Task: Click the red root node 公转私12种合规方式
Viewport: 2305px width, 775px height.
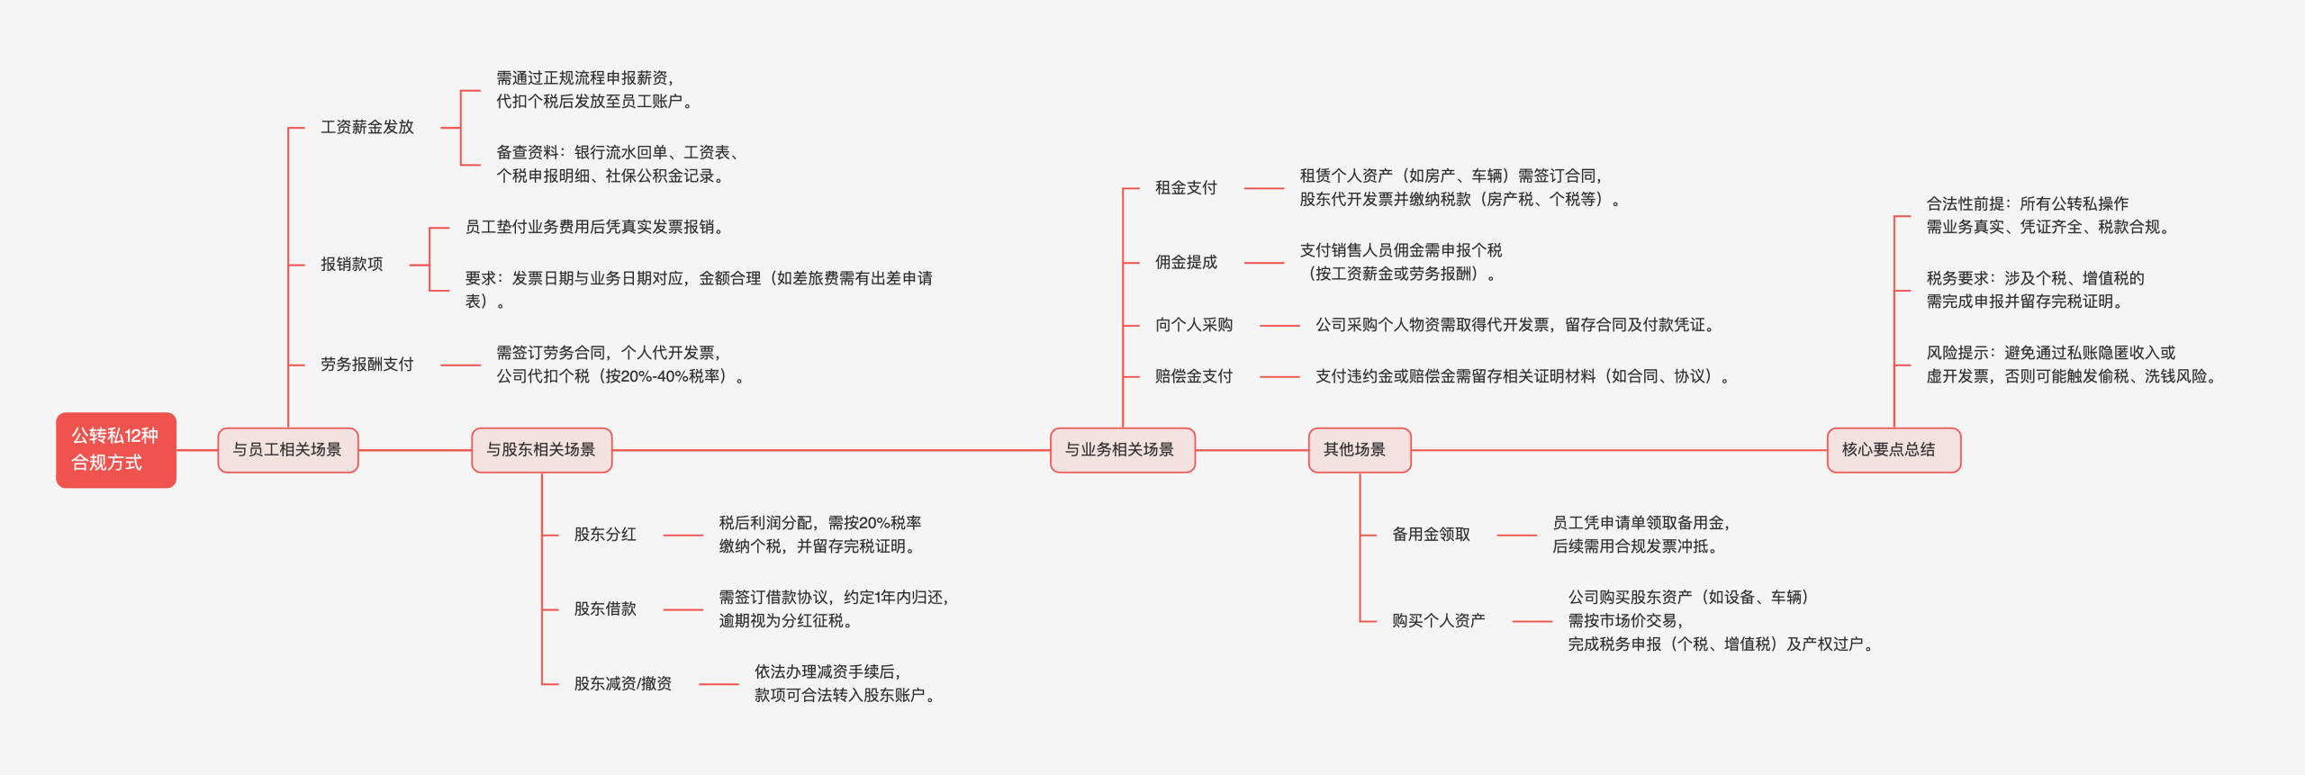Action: (115, 449)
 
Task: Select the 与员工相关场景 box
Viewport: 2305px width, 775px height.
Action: (287, 449)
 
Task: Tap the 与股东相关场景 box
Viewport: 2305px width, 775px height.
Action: (541, 449)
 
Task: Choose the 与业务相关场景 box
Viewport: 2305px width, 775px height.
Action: (1121, 449)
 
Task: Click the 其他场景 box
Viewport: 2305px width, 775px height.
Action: (1358, 449)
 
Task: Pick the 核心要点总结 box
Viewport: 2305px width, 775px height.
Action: (1893, 449)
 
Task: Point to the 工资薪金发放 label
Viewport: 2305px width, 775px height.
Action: (367, 127)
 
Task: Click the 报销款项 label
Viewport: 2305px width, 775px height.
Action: (352, 264)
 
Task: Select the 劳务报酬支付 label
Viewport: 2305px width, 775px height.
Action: (367, 365)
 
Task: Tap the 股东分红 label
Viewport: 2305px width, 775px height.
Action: (605, 535)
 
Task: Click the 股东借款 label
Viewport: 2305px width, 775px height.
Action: (605, 609)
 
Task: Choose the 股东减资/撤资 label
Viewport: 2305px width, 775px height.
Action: (623, 684)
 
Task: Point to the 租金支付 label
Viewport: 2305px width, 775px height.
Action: (1186, 188)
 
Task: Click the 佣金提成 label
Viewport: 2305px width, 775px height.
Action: (1186, 263)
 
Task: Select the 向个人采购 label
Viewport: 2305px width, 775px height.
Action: (1194, 325)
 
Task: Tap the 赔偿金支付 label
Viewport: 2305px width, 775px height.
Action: (1194, 376)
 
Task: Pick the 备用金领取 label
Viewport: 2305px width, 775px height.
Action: (1431, 535)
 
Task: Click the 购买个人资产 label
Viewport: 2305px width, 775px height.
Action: (1438, 621)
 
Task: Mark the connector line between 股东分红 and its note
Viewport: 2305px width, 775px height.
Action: (683, 536)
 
